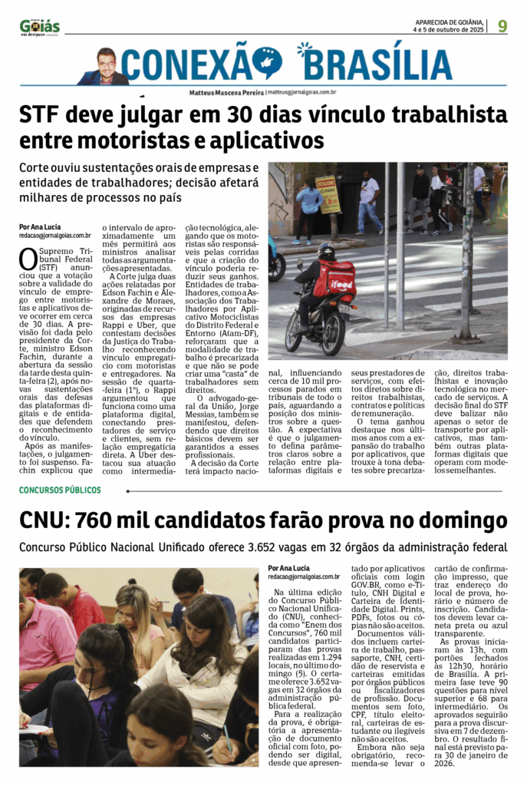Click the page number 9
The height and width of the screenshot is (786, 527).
coord(502,26)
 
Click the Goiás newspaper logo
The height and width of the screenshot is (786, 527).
coord(40,27)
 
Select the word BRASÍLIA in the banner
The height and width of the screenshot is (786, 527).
coord(375,64)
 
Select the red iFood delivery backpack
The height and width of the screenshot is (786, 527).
coord(334,277)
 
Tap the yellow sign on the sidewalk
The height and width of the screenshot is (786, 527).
coord(328,194)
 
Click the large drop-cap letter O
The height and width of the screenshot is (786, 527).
coord(28,259)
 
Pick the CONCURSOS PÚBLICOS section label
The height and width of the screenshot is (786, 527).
coord(61,490)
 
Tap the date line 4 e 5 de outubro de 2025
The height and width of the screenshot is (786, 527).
coord(448,30)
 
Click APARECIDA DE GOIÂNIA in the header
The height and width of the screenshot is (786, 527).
coord(450,22)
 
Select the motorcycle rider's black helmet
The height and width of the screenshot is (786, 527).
coord(326,250)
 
